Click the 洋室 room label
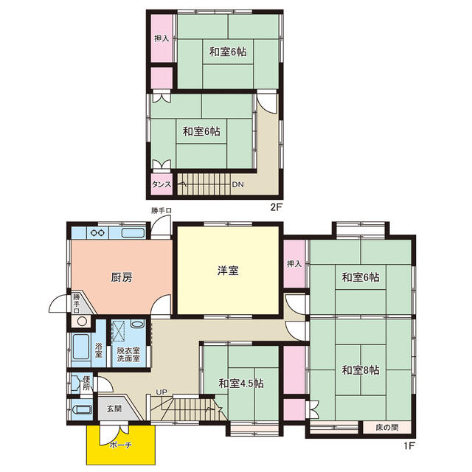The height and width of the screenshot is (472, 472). pos(228,271)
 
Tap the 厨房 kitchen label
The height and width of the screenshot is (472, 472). pos(122,277)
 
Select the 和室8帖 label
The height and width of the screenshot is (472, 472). pos(361,370)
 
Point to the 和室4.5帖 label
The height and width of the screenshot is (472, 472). pos(241,383)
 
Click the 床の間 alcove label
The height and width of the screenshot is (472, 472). pos(386,427)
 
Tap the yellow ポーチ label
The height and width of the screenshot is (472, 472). pos(120,445)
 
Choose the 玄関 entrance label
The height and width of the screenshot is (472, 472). pos(114,409)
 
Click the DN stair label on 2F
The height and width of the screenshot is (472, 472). pos(237,184)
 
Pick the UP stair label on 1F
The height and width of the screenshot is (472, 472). pos(161,392)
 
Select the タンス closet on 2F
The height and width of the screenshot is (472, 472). pos(162,184)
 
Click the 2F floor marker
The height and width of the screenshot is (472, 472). pos(277,208)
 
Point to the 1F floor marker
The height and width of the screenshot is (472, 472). pos(409,445)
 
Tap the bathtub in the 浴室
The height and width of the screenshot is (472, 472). pos(81,347)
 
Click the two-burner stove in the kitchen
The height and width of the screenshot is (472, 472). pos(98,233)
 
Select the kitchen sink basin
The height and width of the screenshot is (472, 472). pos(133,233)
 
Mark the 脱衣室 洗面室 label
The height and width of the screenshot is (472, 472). pos(128,354)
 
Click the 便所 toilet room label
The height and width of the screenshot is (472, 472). pos(86,383)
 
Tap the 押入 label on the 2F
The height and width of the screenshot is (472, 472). pos(162,38)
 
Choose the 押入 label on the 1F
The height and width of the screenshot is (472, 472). pos(294,264)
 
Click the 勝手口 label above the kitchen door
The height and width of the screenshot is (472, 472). pos(162,210)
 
